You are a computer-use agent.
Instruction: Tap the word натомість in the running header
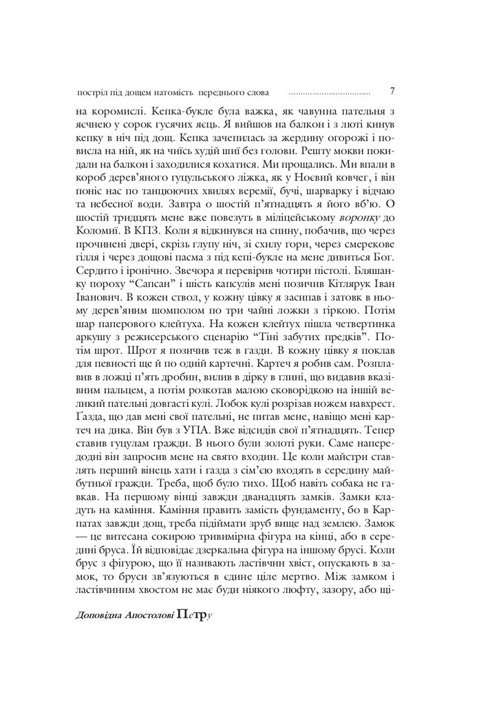174,92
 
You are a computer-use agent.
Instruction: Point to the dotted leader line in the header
329,92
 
